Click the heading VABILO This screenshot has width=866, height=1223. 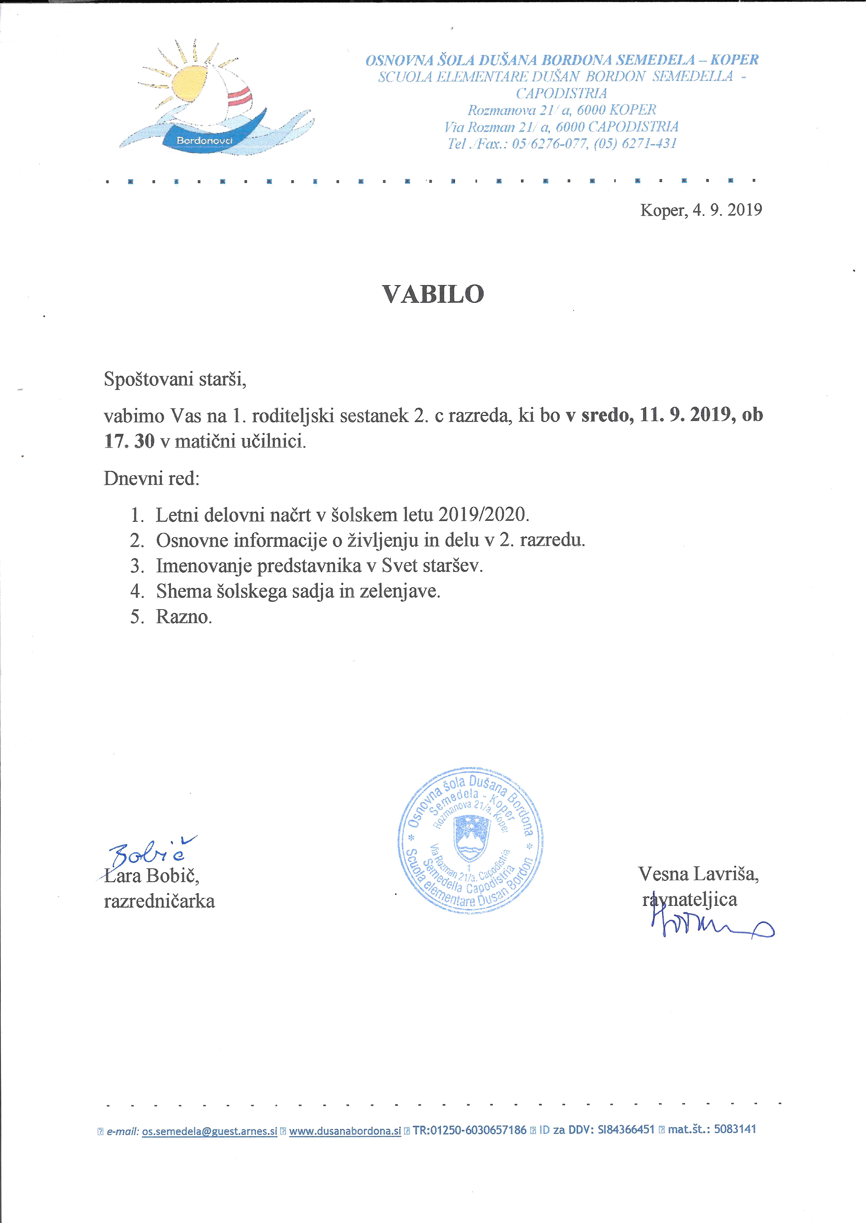tap(433, 294)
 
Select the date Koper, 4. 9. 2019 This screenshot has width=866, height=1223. tap(701, 210)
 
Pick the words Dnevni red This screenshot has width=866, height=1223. tap(151, 478)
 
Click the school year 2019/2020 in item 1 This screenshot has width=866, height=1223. tap(483, 515)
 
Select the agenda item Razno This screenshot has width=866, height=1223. tap(184, 617)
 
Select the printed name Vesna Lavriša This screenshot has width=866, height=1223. tap(698, 873)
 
